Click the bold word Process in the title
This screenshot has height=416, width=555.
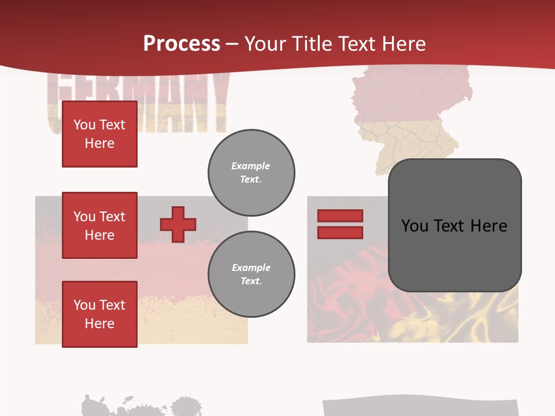(x=182, y=44)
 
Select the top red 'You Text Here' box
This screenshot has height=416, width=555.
(x=99, y=134)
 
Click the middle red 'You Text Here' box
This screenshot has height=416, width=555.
(x=99, y=225)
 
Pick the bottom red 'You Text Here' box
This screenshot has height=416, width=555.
(x=99, y=314)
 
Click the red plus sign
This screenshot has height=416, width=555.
(x=178, y=224)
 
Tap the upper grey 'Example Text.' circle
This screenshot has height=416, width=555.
(x=251, y=173)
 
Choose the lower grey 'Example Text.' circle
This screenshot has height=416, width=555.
(x=251, y=274)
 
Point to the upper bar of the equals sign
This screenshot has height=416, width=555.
(x=340, y=216)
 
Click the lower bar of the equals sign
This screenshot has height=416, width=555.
(x=340, y=232)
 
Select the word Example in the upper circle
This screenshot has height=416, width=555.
(x=251, y=166)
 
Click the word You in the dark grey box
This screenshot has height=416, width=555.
(x=415, y=226)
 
